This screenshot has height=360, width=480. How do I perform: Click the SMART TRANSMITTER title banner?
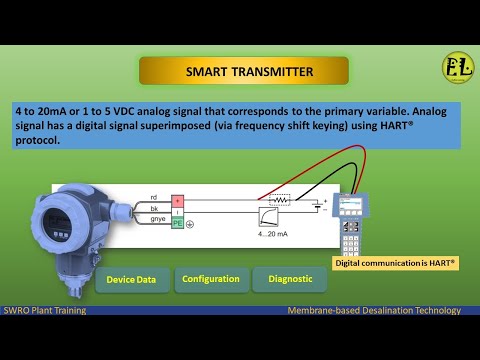(243, 71)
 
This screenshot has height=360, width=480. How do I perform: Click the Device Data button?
(131, 280)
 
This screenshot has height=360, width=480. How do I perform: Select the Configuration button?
(210, 279)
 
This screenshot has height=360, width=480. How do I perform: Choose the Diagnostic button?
(289, 279)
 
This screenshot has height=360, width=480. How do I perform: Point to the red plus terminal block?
(178, 200)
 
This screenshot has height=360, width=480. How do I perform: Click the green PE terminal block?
(178, 223)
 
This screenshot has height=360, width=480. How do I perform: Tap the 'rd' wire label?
(153, 198)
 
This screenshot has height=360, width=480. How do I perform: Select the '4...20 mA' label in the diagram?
(272, 233)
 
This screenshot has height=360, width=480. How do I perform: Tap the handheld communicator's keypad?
(352, 240)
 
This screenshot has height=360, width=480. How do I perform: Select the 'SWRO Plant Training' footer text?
(44, 310)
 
